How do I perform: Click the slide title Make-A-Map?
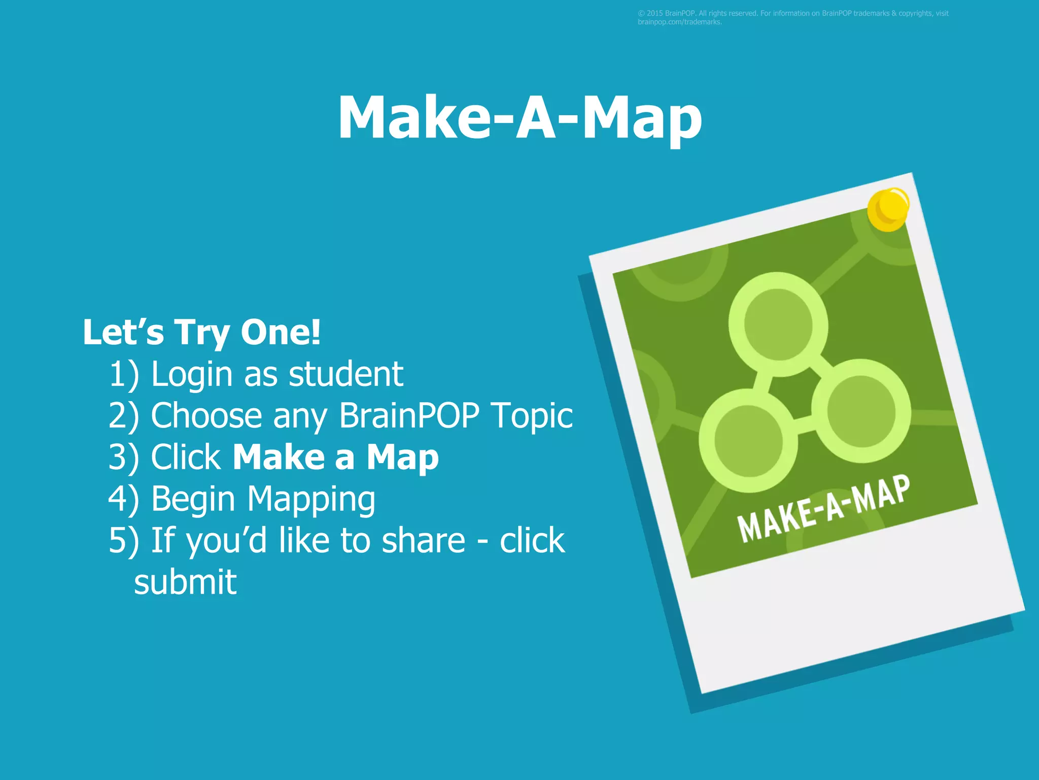click(519, 118)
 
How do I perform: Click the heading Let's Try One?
click(201, 333)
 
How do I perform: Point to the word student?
click(346, 375)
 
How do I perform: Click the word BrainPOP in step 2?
click(409, 416)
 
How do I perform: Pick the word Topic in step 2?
click(532, 416)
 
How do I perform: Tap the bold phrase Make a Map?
click(336, 458)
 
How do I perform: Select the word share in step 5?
click(423, 540)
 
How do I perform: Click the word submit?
click(185, 582)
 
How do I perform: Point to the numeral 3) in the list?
click(123, 458)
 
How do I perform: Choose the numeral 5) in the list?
click(123, 540)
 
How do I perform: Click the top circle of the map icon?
click(778, 324)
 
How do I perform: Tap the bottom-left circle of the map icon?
click(748, 441)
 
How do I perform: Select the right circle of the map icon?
click(861, 411)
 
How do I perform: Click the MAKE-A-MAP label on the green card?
click(823, 509)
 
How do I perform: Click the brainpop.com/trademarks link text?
click(679, 22)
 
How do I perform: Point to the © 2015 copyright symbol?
click(641, 14)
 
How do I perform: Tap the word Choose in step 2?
click(206, 416)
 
